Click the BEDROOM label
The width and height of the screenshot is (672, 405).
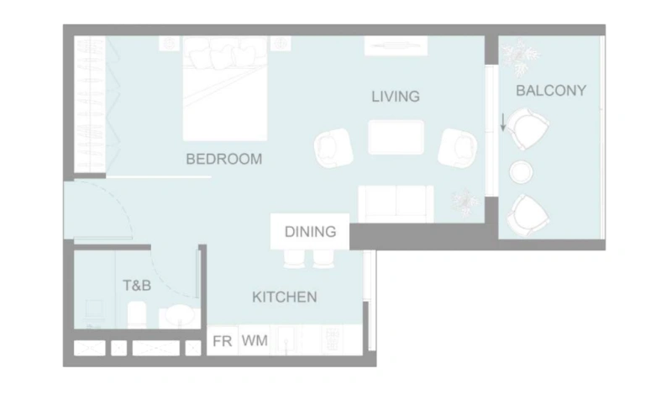click(x=223, y=159)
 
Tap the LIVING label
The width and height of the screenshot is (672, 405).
click(x=395, y=97)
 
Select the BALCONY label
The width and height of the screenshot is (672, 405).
click(x=551, y=90)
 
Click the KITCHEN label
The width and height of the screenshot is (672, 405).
click(x=285, y=297)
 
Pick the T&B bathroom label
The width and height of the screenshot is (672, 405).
click(x=137, y=286)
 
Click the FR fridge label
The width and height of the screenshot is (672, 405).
click(x=223, y=341)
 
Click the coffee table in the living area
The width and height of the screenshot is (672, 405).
click(x=396, y=137)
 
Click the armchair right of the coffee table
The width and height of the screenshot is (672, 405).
click(x=458, y=147)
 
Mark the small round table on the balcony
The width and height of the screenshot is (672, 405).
click(x=521, y=171)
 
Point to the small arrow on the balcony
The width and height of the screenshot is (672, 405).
click(x=503, y=123)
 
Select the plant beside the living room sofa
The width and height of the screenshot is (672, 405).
click(x=464, y=202)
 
